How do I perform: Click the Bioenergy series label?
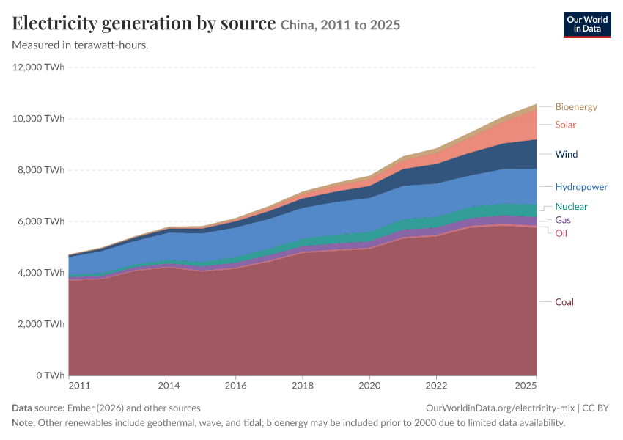click(576, 107)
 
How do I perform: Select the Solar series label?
click(565, 125)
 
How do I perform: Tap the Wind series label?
click(566, 154)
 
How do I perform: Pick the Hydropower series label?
click(581, 187)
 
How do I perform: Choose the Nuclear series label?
click(571, 206)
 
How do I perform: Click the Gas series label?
click(563, 220)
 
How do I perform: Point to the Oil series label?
click(561, 233)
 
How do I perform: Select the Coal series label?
click(564, 302)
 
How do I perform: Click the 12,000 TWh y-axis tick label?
click(38, 67)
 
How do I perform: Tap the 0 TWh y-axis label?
click(51, 375)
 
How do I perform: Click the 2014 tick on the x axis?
click(169, 386)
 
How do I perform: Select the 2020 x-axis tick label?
click(369, 386)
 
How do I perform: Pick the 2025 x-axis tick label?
click(526, 386)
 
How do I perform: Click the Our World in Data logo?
click(587, 25)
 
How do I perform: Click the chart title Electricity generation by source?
click(144, 23)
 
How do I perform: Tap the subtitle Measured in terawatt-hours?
click(81, 45)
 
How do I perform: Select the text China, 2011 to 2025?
click(341, 25)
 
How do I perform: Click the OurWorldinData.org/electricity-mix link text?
click(500, 408)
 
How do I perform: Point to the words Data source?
click(38, 408)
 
